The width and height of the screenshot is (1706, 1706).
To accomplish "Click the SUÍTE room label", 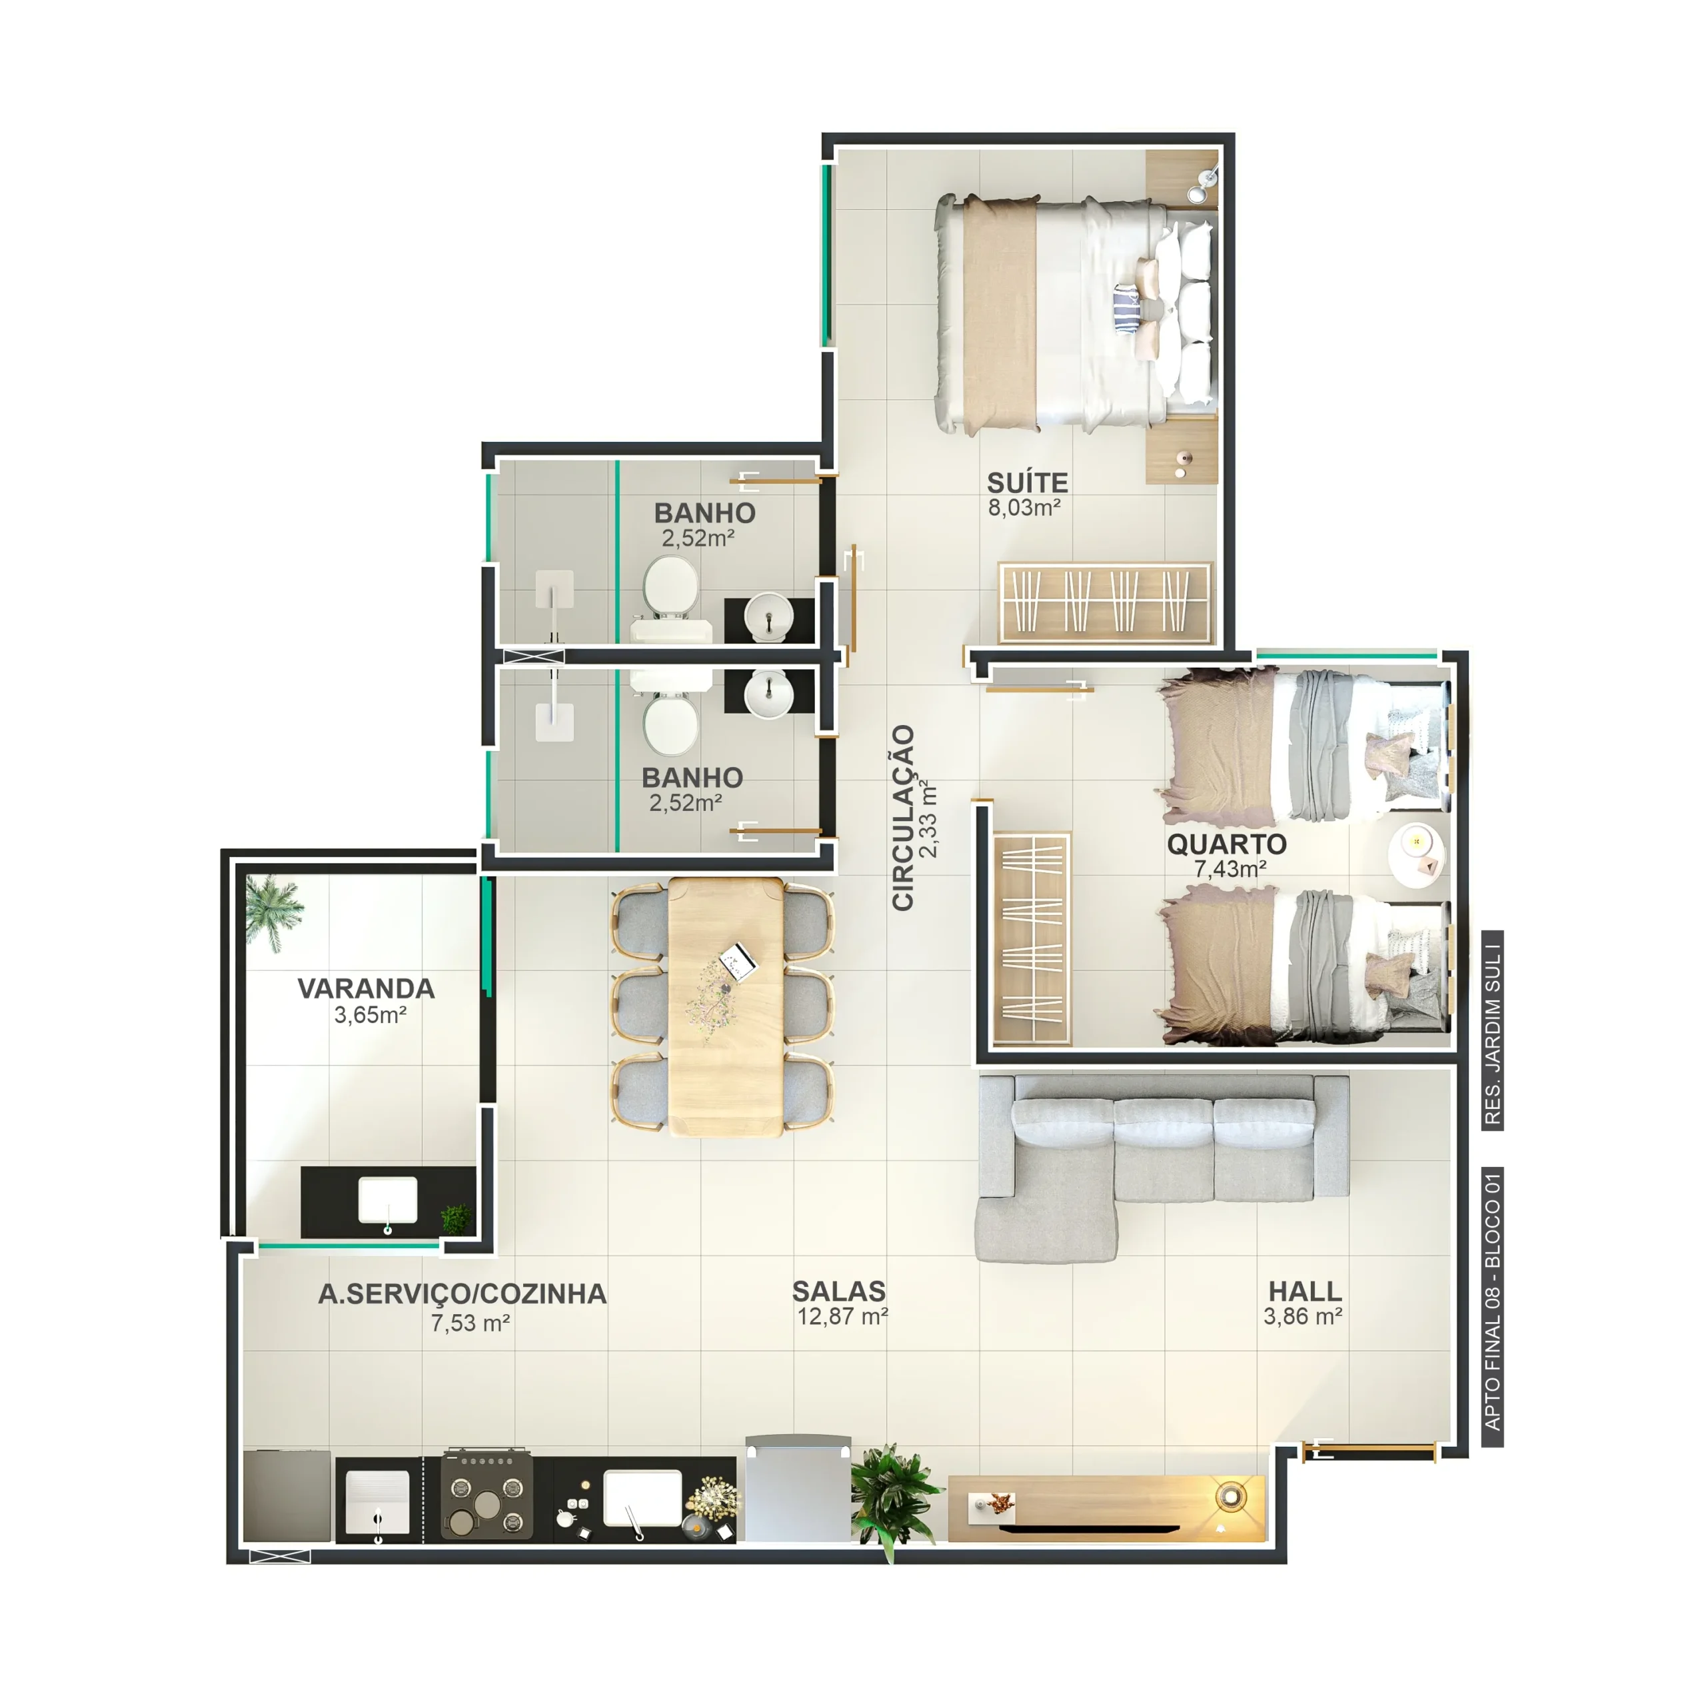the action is pyautogui.click(x=1027, y=483).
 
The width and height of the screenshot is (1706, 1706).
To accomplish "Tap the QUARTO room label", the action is pyautogui.click(x=1226, y=844).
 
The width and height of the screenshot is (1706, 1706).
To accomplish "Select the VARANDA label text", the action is pyautogui.click(x=366, y=988).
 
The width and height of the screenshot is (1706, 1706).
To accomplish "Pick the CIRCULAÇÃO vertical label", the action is pyautogui.click(x=902, y=818).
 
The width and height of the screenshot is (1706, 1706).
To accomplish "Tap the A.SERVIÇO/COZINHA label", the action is pyautogui.click(x=462, y=1293).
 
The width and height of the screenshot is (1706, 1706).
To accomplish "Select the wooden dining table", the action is pyautogui.click(x=725, y=1006).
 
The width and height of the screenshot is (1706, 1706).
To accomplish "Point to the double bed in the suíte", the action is pyautogui.click(x=1076, y=315).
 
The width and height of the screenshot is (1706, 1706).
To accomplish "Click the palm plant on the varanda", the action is pyautogui.click(x=273, y=910).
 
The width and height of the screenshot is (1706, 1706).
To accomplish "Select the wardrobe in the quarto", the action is pyautogui.click(x=1032, y=939).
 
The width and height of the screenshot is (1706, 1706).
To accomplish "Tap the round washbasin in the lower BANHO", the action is pyautogui.click(x=768, y=692).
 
